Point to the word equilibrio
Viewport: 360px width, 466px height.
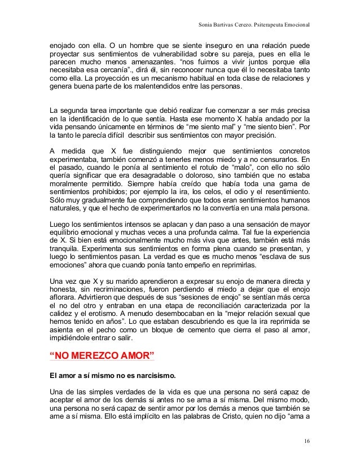[66, 232]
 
